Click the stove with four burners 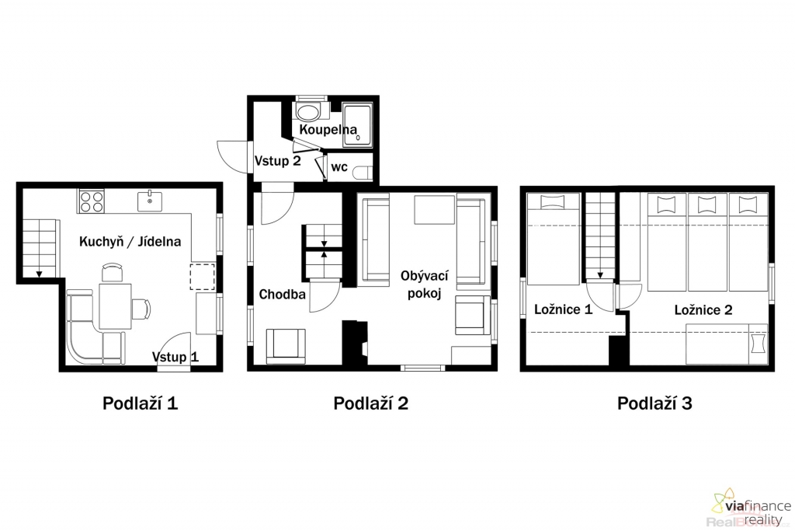[92, 201]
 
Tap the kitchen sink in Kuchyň [150, 201]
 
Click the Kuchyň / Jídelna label [130, 241]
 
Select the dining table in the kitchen [115, 306]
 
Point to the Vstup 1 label [175, 357]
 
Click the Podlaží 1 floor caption [140, 403]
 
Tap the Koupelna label [328, 130]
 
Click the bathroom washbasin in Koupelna [307, 112]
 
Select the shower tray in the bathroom [357, 125]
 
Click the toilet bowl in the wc [362, 173]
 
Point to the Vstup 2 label [277, 161]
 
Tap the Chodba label [283, 295]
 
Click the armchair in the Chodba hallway [286, 346]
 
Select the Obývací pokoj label [425, 285]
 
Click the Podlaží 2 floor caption [370, 403]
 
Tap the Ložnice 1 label [564, 309]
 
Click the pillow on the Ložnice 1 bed [552, 201]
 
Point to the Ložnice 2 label [703, 309]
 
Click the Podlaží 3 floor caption [654, 403]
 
